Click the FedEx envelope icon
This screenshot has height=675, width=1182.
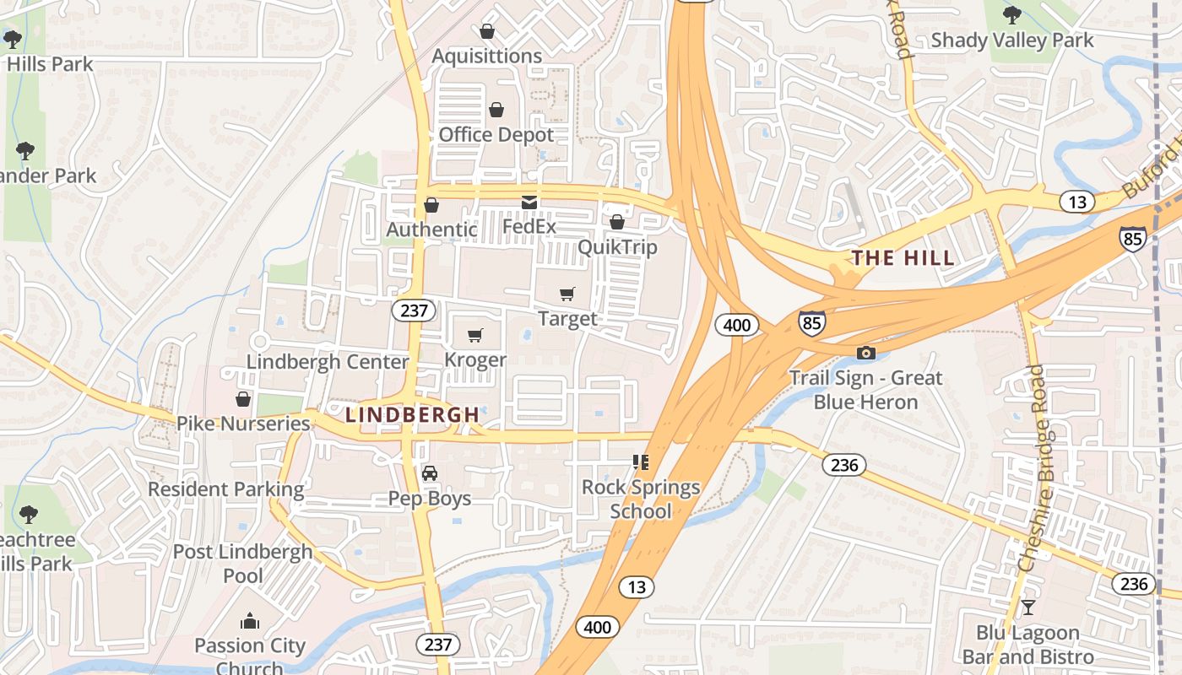tap(529, 202)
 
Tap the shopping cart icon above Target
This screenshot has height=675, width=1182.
tap(567, 294)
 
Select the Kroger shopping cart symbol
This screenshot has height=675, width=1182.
tap(475, 336)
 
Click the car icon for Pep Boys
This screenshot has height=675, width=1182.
tap(430, 472)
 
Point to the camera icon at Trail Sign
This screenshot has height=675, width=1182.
tap(865, 353)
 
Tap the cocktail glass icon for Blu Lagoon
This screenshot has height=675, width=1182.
tap(1027, 607)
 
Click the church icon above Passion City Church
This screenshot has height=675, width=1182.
tap(249, 622)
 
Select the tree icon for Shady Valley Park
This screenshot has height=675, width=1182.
tap(1011, 14)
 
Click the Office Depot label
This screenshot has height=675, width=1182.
tap(496, 135)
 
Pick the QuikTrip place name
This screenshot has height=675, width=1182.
tap(617, 247)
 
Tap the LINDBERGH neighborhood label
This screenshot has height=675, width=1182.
tap(413, 415)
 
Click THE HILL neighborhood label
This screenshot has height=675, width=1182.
tap(903, 258)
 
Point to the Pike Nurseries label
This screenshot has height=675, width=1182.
tap(243, 424)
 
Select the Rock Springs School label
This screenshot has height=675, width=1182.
tap(641, 499)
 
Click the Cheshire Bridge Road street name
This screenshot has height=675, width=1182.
tap(1032, 468)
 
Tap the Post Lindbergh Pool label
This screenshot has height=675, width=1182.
tap(243, 564)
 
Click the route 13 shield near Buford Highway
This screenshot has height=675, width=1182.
tap(1077, 202)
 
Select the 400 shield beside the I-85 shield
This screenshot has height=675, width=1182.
tap(736, 325)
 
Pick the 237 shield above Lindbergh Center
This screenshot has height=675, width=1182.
tap(414, 310)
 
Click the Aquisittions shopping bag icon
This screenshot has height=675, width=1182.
tap(487, 31)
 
